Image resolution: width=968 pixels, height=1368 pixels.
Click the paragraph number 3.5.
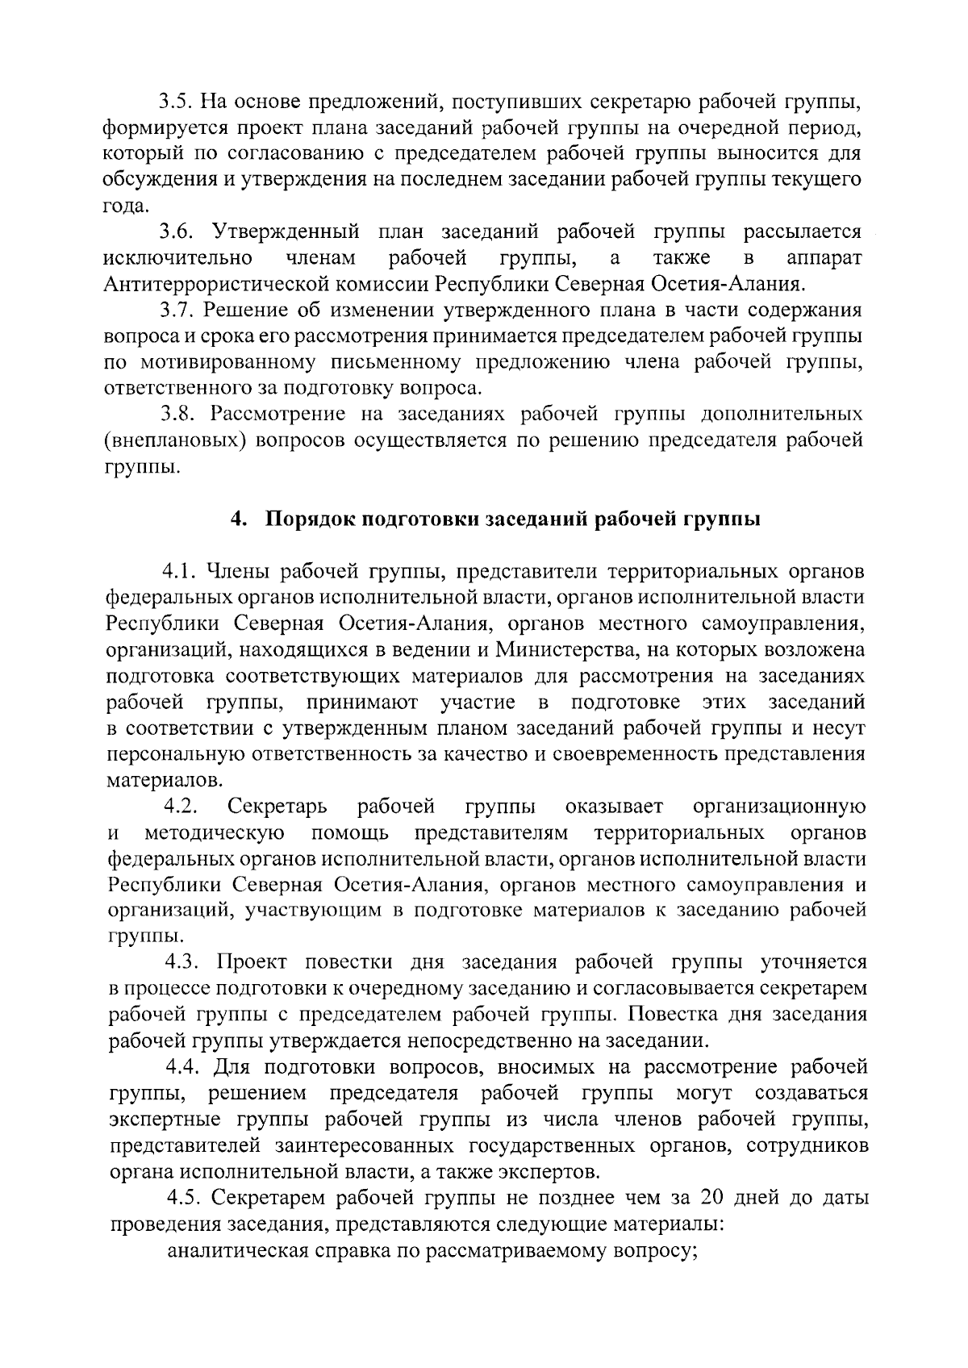click(174, 102)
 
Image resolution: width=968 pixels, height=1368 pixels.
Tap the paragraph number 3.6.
click(175, 232)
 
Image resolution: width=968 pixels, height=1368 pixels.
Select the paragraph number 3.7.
click(175, 311)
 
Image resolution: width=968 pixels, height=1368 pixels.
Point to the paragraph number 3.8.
click(177, 415)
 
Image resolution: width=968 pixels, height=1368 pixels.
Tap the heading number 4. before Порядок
click(237, 519)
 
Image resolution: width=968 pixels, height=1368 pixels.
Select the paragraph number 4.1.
click(180, 572)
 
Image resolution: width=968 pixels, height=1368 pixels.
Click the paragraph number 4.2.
click(180, 806)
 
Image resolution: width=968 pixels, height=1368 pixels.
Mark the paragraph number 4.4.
click(182, 1067)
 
